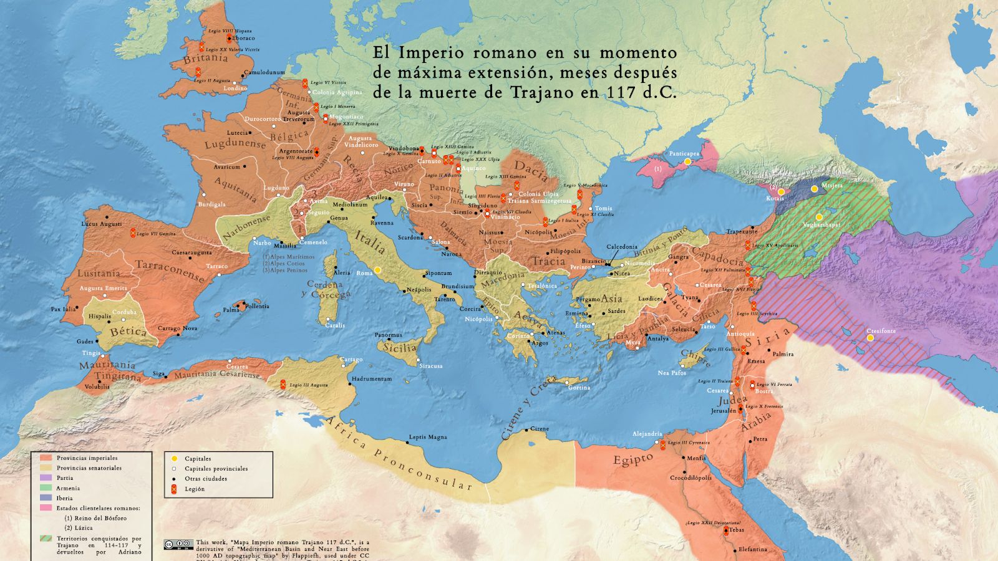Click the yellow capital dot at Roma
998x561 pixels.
click(x=377, y=270)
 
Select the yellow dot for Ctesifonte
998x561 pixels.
click(x=870, y=338)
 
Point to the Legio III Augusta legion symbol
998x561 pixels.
click(x=282, y=384)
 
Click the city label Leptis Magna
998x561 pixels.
click(x=427, y=437)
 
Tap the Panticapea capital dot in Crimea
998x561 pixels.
click(x=687, y=161)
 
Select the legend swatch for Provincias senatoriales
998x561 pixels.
click(x=46, y=468)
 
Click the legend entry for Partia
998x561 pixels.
click(x=64, y=478)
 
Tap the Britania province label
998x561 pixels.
click(x=205, y=59)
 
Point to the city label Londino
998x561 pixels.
click(x=235, y=89)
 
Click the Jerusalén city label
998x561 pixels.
click(x=724, y=411)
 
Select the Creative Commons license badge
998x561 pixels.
click(x=178, y=544)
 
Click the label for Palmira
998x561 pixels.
click(x=783, y=354)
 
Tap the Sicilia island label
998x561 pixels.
click(x=400, y=348)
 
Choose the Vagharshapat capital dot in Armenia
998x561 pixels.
click(x=819, y=217)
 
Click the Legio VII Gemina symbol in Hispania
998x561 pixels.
click(x=133, y=233)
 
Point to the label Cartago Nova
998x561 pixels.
click(x=177, y=328)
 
